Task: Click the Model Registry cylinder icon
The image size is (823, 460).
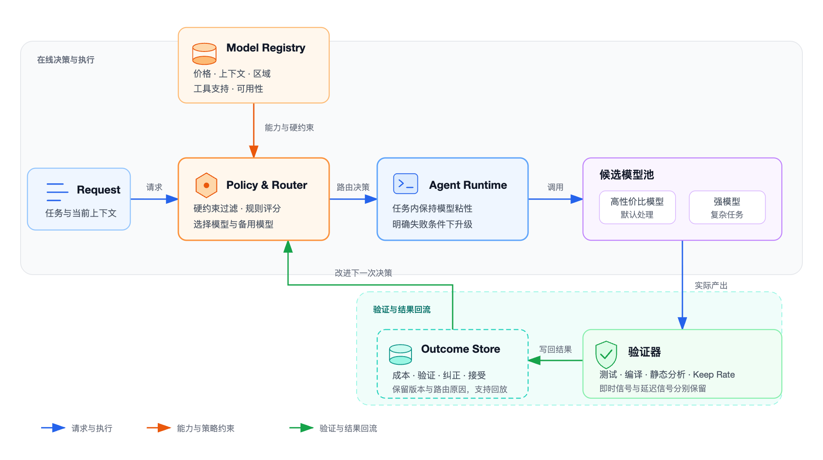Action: click(x=204, y=54)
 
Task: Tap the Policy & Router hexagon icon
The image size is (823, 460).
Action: click(x=206, y=185)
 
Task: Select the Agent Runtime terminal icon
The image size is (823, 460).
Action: click(x=405, y=184)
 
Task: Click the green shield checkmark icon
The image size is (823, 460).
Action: click(x=606, y=354)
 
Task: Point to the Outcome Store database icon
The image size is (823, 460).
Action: click(x=400, y=354)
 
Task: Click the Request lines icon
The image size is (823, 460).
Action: click(x=57, y=192)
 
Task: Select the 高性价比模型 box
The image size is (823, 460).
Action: click(x=637, y=207)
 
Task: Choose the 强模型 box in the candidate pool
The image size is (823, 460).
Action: click(x=727, y=207)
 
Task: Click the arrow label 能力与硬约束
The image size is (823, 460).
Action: click(x=289, y=127)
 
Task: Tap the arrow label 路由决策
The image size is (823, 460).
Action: click(x=353, y=187)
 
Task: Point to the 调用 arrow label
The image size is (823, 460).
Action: click(x=556, y=187)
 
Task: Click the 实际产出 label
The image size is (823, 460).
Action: click(x=711, y=285)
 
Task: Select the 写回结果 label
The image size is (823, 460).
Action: click(x=556, y=349)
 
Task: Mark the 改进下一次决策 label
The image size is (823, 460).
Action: click(x=363, y=273)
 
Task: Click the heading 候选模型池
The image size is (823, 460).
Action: click(x=627, y=175)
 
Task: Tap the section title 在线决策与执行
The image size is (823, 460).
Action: click(x=66, y=60)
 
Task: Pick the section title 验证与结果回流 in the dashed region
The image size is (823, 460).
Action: click(x=402, y=309)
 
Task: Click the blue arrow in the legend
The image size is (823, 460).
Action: click(x=53, y=428)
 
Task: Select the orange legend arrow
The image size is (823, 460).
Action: click(x=159, y=428)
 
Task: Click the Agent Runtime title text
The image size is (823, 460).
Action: click(x=468, y=185)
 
